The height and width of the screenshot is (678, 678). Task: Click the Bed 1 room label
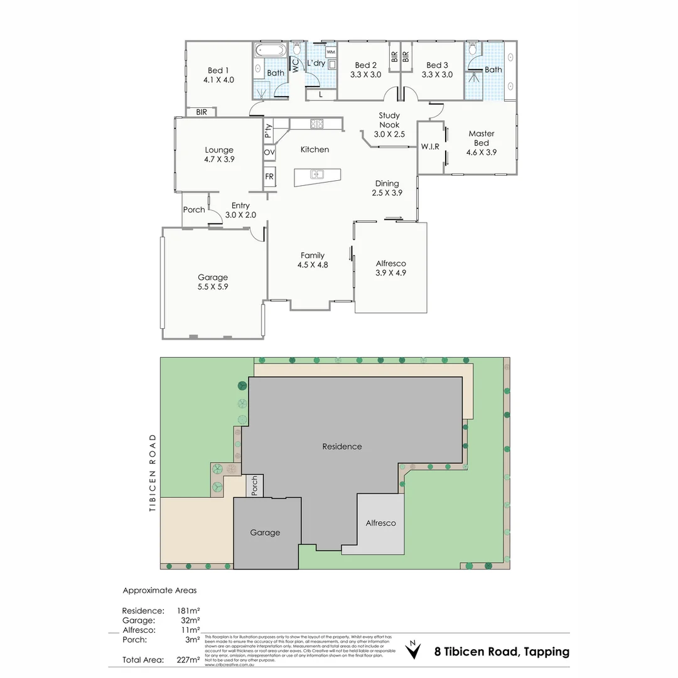(x=218, y=70)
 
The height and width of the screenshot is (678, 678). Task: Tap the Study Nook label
(x=389, y=124)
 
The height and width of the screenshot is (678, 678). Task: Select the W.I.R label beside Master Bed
(x=430, y=146)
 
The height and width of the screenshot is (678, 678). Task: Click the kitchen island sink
(x=318, y=175)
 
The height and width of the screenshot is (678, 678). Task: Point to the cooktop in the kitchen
(x=316, y=124)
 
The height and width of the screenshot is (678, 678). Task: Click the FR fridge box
(x=269, y=177)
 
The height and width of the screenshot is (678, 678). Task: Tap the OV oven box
(x=269, y=153)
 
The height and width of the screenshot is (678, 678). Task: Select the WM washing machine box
(x=330, y=51)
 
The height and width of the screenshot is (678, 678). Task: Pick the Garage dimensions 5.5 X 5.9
(x=213, y=287)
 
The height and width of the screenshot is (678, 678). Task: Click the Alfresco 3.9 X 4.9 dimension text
(x=390, y=272)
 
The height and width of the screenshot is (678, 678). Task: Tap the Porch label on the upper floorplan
(x=194, y=210)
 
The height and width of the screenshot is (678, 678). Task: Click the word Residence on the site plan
(x=342, y=446)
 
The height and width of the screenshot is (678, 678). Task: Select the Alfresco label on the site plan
(x=381, y=523)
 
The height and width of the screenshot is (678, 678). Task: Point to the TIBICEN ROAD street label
(x=151, y=472)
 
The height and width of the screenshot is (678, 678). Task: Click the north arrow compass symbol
(x=412, y=650)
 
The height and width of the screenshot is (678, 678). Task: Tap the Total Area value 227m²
(x=189, y=660)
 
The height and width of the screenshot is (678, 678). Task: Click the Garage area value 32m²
(x=190, y=620)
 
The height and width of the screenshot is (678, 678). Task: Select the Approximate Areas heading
(x=159, y=590)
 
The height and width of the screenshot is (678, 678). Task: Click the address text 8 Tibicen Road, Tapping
(x=502, y=652)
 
